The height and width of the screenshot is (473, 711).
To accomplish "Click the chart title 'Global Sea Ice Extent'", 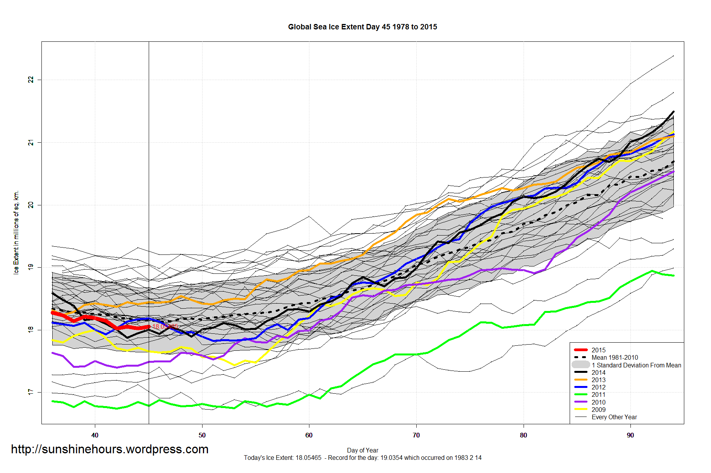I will (362, 27).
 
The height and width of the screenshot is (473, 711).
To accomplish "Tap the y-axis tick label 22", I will (31, 80).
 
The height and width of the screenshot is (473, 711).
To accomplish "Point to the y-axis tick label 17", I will (31, 392).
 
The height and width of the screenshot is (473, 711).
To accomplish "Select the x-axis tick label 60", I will (309, 435).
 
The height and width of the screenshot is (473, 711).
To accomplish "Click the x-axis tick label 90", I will (630, 435).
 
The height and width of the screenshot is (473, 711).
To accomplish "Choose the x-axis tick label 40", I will (94, 435).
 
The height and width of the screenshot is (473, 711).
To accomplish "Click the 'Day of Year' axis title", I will (362, 450).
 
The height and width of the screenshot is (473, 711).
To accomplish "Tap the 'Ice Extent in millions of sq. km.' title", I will (16, 232).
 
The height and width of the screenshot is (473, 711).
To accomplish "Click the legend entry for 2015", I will (598, 350).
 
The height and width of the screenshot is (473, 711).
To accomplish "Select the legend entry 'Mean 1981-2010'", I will (615, 357).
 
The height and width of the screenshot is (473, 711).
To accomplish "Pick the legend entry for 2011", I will (598, 394).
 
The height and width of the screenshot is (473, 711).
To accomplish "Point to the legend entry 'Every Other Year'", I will (614, 417).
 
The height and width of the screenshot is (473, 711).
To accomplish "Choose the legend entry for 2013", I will (598, 380).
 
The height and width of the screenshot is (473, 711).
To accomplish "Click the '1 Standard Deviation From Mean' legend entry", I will (636, 365).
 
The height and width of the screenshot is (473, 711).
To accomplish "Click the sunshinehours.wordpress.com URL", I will (110, 449).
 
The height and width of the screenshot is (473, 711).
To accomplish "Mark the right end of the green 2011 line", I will (674, 276).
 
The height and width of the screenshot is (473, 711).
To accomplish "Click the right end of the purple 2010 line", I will (674, 171).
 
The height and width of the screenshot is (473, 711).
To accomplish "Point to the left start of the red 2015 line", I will (53, 312).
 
